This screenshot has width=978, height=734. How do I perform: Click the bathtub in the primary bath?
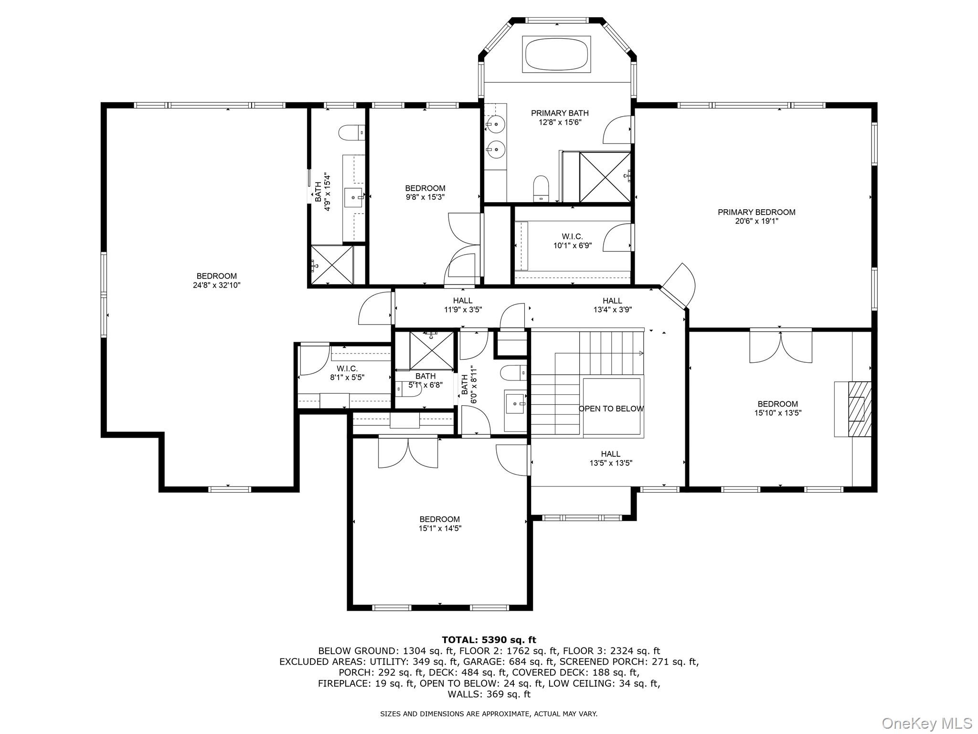556,54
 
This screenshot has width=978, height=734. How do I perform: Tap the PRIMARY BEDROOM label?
756,212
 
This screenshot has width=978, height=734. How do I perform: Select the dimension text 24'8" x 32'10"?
216,285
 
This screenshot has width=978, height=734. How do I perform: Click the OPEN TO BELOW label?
611,409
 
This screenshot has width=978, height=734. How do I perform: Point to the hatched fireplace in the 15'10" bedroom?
859,409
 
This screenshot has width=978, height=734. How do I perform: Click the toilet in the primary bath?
541,187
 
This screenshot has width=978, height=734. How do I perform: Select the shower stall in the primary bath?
605,177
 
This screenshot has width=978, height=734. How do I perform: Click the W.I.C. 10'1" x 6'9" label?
572,241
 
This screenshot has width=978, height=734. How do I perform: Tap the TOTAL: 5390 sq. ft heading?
489,640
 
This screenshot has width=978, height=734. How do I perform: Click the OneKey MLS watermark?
926,723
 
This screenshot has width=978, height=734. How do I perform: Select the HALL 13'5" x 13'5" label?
611,458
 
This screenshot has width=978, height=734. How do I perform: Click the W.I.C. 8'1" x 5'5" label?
347,373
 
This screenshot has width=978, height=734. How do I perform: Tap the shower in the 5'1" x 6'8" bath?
432,350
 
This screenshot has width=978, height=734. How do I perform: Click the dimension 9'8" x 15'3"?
425,197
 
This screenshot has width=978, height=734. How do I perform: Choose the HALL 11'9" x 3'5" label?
463,305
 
